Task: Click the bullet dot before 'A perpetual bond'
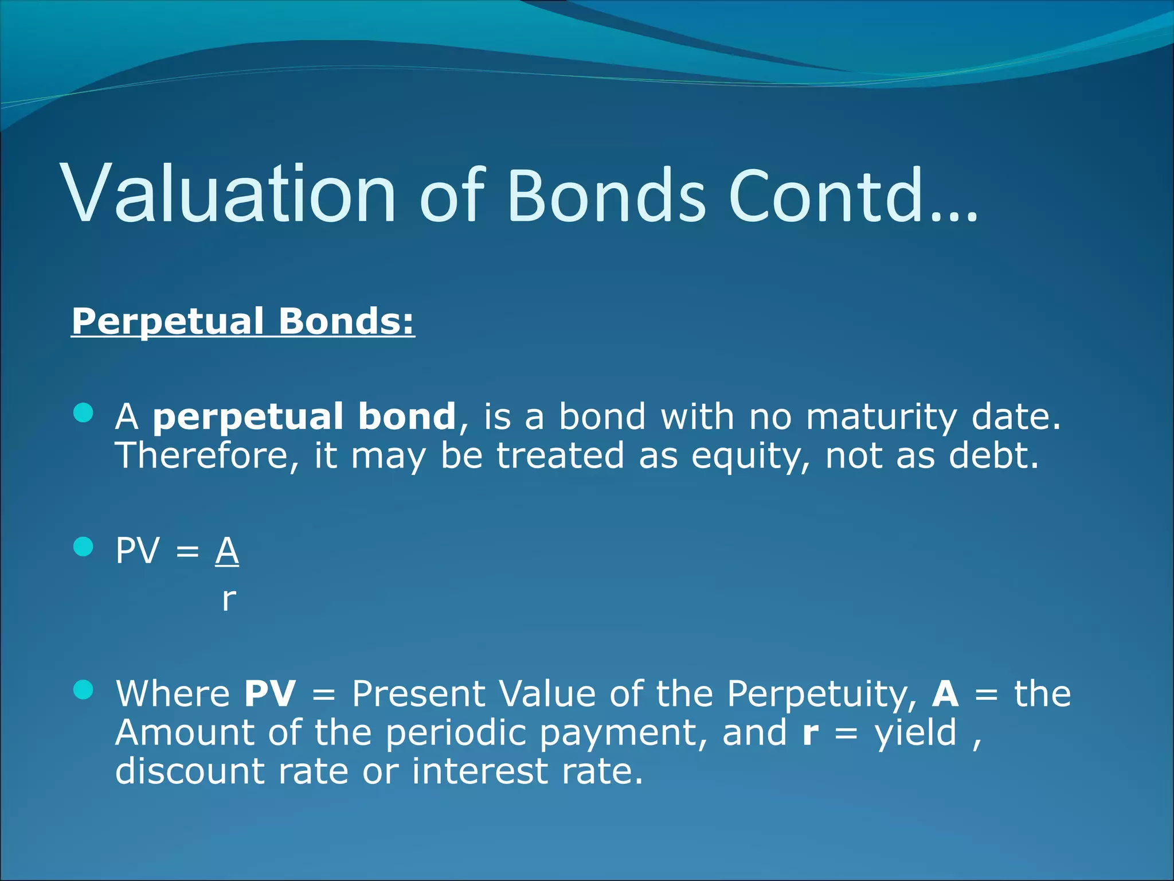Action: coord(84,412)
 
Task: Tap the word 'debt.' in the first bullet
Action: coord(993,456)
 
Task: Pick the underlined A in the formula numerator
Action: coord(227,551)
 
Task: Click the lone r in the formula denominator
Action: coord(229,599)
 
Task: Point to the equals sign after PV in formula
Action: coord(187,552)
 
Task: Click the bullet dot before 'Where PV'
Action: coord(84,690)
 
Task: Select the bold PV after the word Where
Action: coord(270,693)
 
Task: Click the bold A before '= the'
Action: coord(945,693)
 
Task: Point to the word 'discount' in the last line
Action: coord(190,771)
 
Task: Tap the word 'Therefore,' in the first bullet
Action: coord(207,457)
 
